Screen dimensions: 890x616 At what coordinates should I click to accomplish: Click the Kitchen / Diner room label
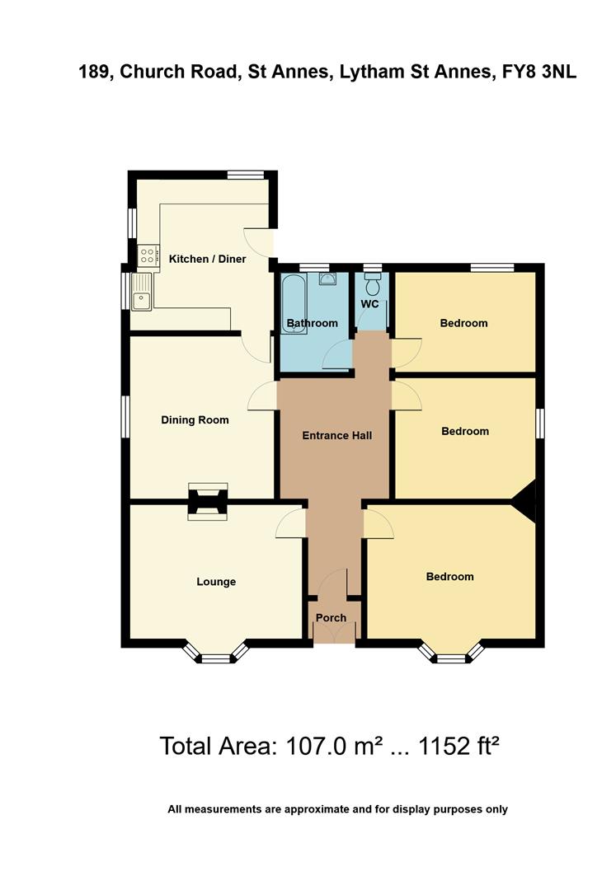pos(207,259)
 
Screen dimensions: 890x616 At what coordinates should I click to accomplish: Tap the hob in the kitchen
pos(148,256)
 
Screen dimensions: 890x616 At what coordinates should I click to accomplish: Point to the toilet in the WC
pos(372,284)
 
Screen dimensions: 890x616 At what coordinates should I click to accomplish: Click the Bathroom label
pos(312,323)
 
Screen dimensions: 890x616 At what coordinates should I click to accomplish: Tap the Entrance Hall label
pos(336,435)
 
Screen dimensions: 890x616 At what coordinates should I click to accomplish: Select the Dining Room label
pos(195,419)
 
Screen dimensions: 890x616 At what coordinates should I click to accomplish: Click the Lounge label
pos(216,582)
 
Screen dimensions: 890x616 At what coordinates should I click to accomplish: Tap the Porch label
pos(332,617)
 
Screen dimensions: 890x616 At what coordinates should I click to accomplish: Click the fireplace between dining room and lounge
pos(205,501)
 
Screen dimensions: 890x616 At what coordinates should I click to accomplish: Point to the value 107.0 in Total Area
pos(313,747)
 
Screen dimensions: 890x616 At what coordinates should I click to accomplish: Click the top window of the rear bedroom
pos(492,266)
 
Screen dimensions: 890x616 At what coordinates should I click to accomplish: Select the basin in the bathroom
pos(327,279)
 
